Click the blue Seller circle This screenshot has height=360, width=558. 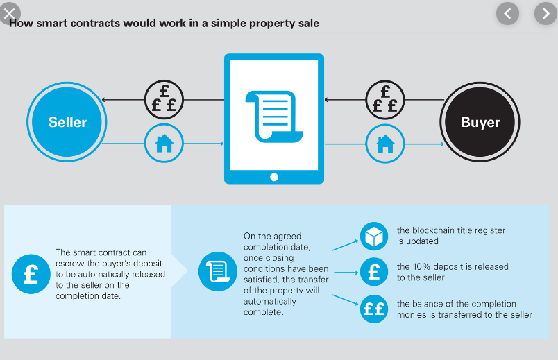[67, 123]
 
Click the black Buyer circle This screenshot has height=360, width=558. [480, 123]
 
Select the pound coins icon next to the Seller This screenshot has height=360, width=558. [164, 100]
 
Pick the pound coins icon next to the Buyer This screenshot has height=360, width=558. [384, 100]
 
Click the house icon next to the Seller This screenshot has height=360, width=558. [164, 144]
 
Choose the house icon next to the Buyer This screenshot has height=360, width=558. [384, 144]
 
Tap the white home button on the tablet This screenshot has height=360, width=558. [273, 176]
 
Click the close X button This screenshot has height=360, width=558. [10, 12]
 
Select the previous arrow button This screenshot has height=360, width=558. [509, 12]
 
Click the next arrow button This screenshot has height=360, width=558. [545, 12]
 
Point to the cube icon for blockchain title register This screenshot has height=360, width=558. [374, 236]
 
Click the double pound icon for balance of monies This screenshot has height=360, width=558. [374, 309]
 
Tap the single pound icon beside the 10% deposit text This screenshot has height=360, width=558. [374, 272]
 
